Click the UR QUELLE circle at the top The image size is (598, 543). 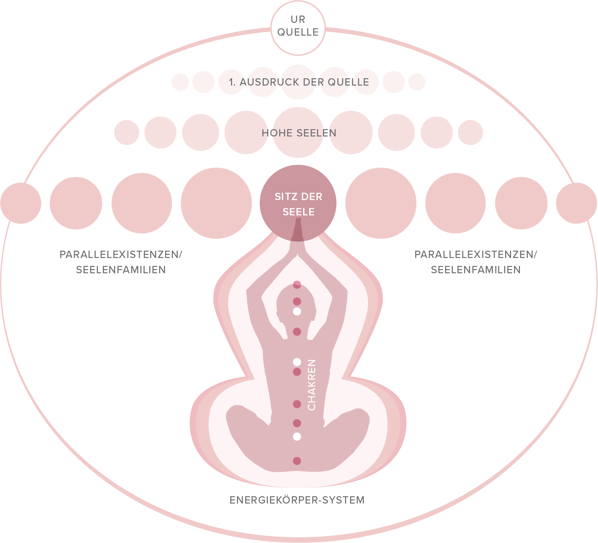coord(298,28)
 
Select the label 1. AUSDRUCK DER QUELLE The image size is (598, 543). coord(299,82)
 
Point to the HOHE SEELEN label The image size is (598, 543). coord(299,133)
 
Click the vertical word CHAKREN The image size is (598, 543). coord(312,385)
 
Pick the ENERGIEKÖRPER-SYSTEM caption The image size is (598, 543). coord(297,500)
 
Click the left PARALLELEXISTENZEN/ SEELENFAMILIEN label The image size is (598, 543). coord(121,262)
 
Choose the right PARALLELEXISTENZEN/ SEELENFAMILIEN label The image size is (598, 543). coord(476,262)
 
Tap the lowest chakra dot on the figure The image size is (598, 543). coord(297,461)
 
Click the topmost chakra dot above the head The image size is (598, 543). coord(297,285)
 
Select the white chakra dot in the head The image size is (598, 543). coord(297,311)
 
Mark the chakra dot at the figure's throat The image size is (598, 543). coord(297,332)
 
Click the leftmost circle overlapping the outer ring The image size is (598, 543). coord(21,203)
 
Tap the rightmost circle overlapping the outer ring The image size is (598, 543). coord(576,203)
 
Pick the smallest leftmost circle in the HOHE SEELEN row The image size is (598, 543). coord(126,133)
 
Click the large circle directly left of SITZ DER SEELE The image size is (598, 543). coord(216,203)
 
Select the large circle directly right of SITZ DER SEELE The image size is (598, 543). coord(381,203)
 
